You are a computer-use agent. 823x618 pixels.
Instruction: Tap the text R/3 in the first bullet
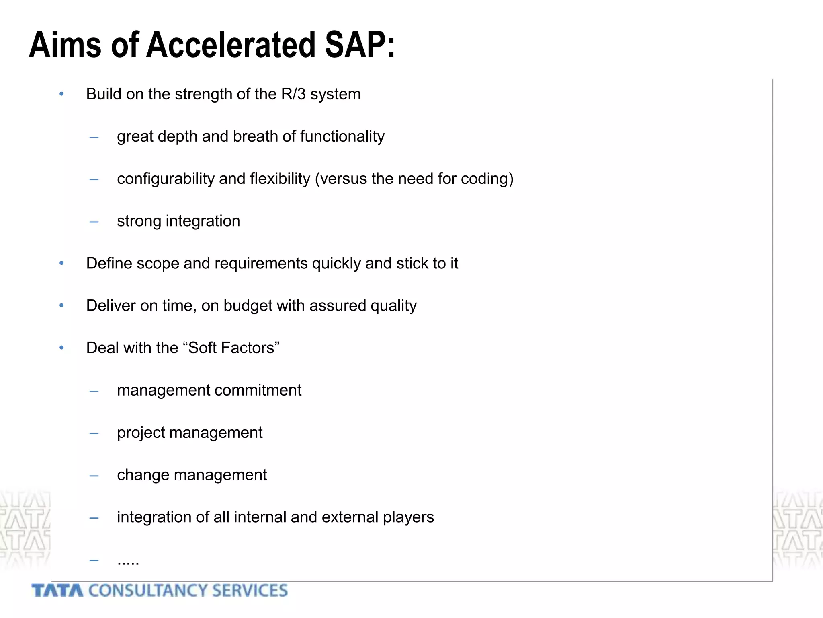pyautogui.click(x=293, y=94)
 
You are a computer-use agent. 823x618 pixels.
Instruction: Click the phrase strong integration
pyautogui.click(x=178, y=221)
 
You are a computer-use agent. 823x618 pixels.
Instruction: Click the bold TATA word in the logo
pyautogui.click(x=57, y=591)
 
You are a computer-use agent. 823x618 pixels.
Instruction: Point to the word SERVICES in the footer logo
pyautogui.click(x=250, y=591)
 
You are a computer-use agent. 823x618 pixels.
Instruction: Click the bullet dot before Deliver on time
pyautogui.click(x=61, y=305)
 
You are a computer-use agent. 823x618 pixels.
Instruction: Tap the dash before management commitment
pyautogui.click(x=94, y=391)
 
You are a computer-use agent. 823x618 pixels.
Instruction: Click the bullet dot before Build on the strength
pyautogui.click(x=61, y=94)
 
